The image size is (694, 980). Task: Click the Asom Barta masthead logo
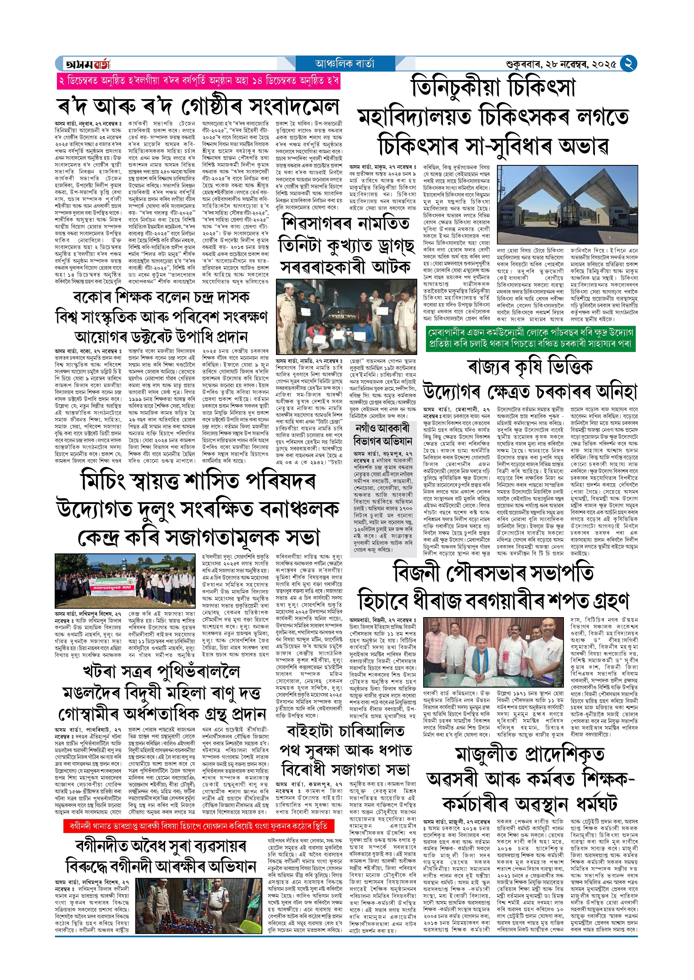pos(87,64)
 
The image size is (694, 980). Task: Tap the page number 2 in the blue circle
pos(628,64)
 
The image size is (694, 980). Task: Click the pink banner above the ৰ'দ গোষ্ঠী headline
pos(198,81)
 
